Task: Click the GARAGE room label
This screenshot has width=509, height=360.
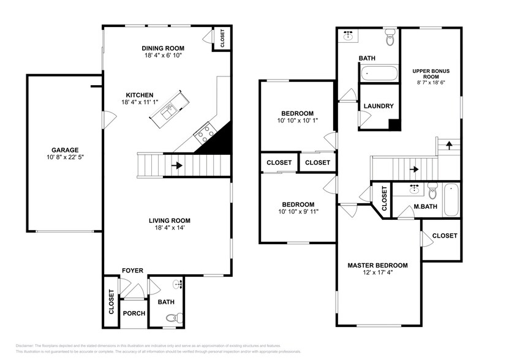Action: click(x=64, y=149)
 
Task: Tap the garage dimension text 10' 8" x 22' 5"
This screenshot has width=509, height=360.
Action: click(x=64, y=157)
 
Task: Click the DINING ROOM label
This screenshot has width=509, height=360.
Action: click(x=162, y=48)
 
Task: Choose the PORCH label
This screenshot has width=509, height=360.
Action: click(x=134, y=313)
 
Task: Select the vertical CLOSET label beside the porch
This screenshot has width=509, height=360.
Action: click(x=111, y=302)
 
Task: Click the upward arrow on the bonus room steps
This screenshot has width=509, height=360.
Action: click(x=450, y=146)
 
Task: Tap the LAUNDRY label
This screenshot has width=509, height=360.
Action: click(x=378, y=106)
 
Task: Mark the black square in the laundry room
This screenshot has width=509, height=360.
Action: click(x=394, y=124)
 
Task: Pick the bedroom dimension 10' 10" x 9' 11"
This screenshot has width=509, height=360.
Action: click(x=298, y=212)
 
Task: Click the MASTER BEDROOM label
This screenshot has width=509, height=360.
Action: click(x=377, y=265)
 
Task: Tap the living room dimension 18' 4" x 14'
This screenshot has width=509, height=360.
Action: click(x=170, y=228)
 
